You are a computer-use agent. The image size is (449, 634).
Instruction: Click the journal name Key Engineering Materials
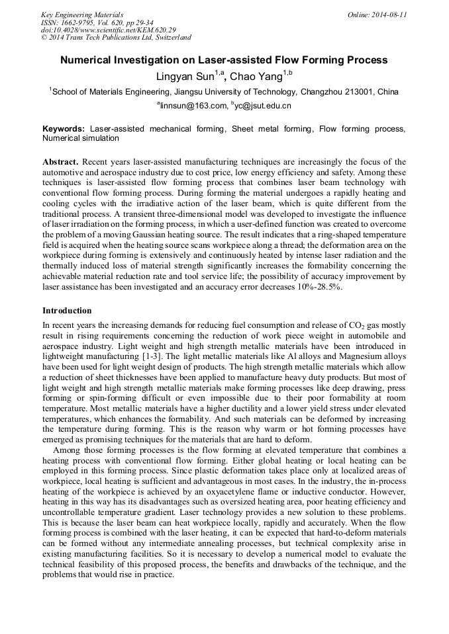pyautogui.click(x=82, y=15)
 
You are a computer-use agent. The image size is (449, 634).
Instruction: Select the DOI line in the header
pyautogui.click(x=109, y=30)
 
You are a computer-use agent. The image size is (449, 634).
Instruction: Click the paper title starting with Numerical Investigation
pyautogui.click(x=224, y=60)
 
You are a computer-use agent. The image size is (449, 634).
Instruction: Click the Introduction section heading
pyautogui.click(x=67, y=311)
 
